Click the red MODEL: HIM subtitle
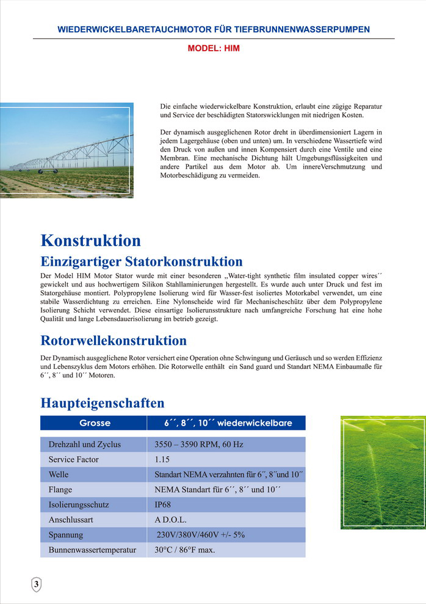point(214,48)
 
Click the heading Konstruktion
point(90,241)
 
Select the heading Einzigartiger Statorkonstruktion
point(142,262)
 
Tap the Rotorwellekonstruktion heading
point(114,340)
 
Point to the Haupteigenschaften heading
point(103,403)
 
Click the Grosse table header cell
point(95,423)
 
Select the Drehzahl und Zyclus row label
point(85,444)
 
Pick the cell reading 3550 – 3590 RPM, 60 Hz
point(199,444)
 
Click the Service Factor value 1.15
point(162,459)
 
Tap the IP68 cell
point(164,504)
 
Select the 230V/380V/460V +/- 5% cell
point(201,535)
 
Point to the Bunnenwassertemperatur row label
point(92,550)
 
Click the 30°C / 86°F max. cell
point(185,550)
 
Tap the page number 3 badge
point(37,584)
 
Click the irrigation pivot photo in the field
point(67,150)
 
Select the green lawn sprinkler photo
point(383,472)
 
